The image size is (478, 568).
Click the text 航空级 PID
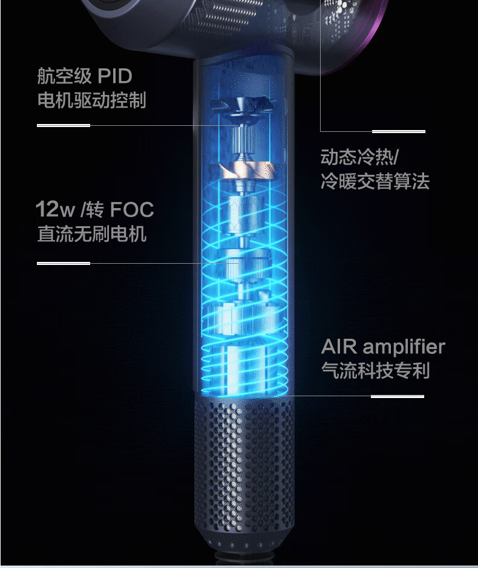[84, 77]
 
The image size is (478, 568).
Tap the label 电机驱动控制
[91, 100]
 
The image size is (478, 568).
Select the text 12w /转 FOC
[94, 210]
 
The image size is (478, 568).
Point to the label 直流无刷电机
[91, 233]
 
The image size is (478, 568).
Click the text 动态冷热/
[359, 158]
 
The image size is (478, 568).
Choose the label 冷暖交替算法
[375, 181]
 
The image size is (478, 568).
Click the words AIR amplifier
[383, 347]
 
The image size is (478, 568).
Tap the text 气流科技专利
[375, 370]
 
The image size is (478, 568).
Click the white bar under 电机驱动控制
[64, 125]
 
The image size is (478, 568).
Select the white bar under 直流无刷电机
[64, 263]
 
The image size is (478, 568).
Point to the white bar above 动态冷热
[398, 131]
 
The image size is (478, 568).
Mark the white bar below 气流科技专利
[397, 397]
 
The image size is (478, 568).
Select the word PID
[114, 77]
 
